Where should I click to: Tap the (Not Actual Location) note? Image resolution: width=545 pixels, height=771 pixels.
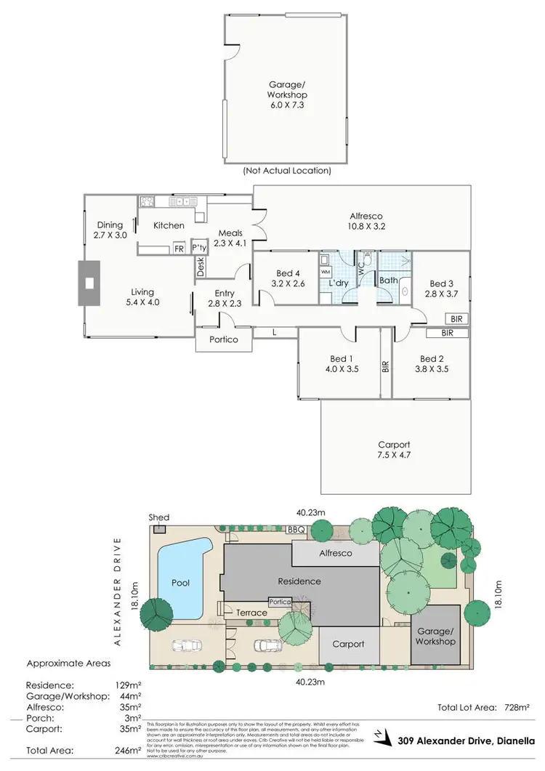[x=286, y=171]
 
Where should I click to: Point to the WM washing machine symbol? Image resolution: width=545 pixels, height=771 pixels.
[x=326, y=271]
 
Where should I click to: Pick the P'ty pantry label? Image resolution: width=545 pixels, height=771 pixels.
[x=199, y=249]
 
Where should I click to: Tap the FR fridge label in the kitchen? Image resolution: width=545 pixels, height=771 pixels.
[x=179, y=249]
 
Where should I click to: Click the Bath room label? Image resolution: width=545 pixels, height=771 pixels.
[x=387, y=280]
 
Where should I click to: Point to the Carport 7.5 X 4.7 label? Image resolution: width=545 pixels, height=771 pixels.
[x=394, y=451]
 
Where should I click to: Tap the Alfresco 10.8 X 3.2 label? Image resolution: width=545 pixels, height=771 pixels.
[x=366, y=222]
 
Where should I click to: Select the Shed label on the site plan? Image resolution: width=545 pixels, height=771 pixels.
[x=159, y=518]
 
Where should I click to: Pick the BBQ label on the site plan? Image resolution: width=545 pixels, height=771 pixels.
[x=296, y=530]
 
